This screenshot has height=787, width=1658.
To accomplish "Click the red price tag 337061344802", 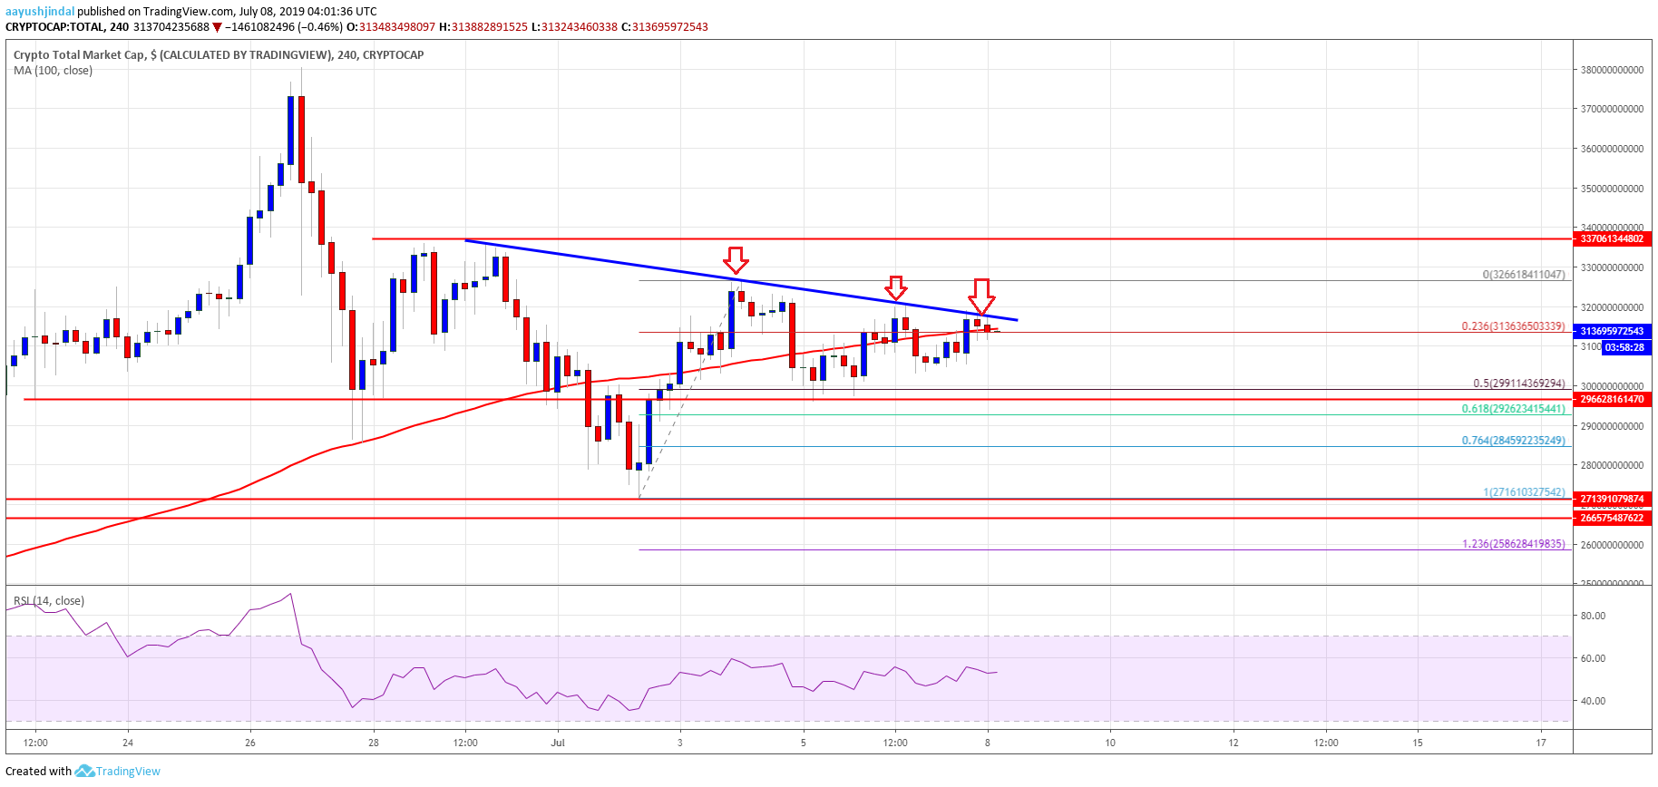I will click(x=1612, y=238).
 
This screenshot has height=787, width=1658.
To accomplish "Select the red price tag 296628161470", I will click(x=1612, y=399).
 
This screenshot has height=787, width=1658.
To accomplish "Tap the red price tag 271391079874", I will click(x=1612, y=499).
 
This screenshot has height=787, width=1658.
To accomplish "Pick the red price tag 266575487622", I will click(x=1612, y=518).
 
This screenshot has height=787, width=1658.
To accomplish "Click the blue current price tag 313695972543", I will click(x=1612, y=331).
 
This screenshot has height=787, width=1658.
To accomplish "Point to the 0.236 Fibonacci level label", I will click(x=1513, y=326).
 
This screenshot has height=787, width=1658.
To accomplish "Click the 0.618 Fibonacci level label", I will click(x=1513, y=409).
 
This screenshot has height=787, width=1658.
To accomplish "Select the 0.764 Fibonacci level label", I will click(x=1513, y=441).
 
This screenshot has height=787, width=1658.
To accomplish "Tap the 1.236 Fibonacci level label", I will click(x=1513, y=544).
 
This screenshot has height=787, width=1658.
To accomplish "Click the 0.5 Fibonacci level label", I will click(x=1518, y=384).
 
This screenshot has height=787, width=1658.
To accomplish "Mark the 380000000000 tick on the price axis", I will click(x=1612, y=70).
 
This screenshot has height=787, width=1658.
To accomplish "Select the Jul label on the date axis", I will click(x=558, y=743).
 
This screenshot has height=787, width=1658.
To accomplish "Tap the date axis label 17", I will click(x=1541, y=743).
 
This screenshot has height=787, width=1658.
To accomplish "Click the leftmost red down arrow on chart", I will click(x=736, y=260).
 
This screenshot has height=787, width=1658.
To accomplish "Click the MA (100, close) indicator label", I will click(x=53, y=71).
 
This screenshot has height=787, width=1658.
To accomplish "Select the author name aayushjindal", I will click(x=40, y=12).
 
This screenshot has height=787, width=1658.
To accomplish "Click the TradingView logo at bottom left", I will click(x=118, y=772).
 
